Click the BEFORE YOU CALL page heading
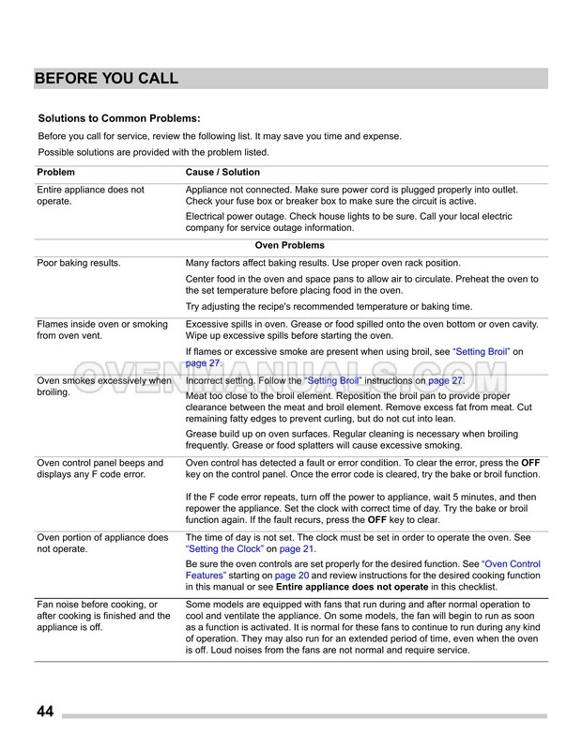pyautogui.click(x=106, y=79)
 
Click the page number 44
pyautogui.click(x=45, y=710)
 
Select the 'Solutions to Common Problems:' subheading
pyautogui.click(x=118, y=119)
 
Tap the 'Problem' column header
pyautogui.click(x=55, y=173)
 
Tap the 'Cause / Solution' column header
pyautogui.click(x=222, y=173)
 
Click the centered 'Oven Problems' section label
pyautogui.click(x=290, y=245)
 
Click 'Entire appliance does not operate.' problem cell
pyautogui.click(x=90, y=195)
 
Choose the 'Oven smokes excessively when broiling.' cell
pyautogui.click(x=103, y=387)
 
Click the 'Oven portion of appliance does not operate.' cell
pyautogui.click(x=101, y=543)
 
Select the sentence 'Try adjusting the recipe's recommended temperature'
pyautogui.click(x=343, y=307)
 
